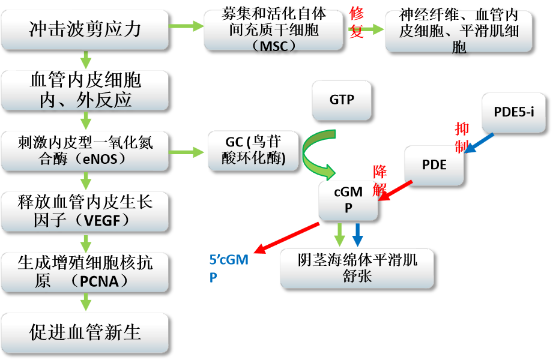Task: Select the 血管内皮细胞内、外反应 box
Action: pos(84,89)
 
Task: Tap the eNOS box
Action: pos(84,151)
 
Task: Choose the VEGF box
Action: pos(84,211)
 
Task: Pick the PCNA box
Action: pos(84,272)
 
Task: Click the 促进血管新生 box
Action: pos(84,332)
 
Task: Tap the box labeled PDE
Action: pos(434,164)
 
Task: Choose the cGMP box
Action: pos(348,200)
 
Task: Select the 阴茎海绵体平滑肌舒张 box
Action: pos(357,268)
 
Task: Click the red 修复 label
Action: pos(357,24)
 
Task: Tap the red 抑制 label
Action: pos(462,137)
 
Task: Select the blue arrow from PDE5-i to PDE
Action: pos(480,143)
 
